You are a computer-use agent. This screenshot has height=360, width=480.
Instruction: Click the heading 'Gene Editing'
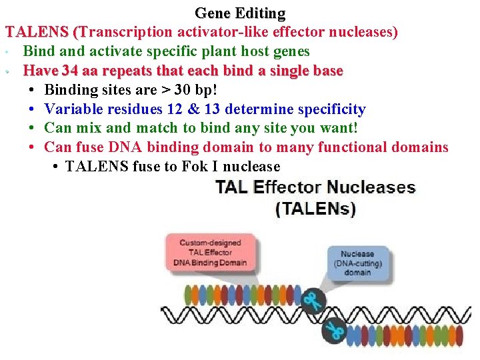[240, 13]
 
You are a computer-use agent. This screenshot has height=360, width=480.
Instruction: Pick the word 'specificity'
[331, 109]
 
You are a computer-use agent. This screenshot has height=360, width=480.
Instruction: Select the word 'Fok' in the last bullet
[195, 167]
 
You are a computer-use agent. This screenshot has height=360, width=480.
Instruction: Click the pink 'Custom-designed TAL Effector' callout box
[210, 252]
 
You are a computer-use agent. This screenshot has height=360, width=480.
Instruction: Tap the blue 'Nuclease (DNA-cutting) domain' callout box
[357, 263]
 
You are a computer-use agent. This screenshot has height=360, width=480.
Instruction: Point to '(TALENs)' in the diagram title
[316, 209]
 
